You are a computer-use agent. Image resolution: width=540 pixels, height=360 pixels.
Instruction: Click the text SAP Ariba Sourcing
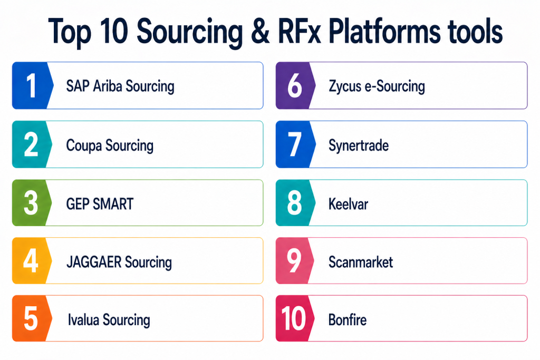click(x=120, y=86)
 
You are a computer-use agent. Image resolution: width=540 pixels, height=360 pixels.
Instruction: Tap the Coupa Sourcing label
click(x=110, y=145)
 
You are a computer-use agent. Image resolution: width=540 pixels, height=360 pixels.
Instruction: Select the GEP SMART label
click(x=100, y=203)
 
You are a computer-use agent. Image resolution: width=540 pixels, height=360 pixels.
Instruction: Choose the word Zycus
click(x=344, y=86)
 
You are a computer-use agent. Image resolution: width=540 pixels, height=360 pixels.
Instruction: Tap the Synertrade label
click(x=358, y=145)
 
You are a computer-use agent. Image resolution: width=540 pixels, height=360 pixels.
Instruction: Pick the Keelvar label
click(x=348, y=203)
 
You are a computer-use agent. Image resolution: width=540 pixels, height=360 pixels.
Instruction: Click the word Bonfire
click(x=347, y=319)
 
